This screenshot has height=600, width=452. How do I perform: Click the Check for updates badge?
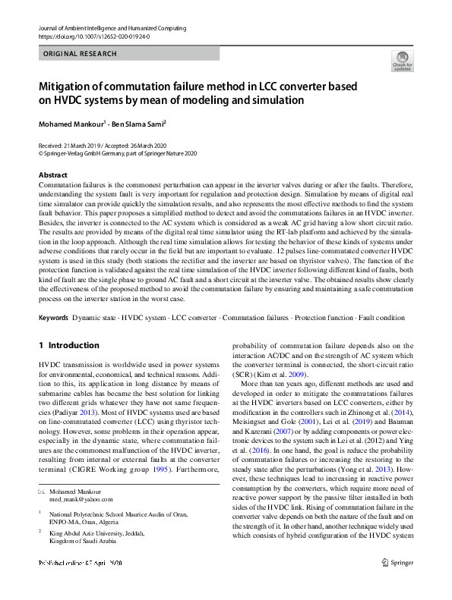coord(402,61)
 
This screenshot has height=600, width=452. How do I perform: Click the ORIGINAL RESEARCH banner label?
coord(81,54)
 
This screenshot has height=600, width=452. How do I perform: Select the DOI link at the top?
coord(93,36)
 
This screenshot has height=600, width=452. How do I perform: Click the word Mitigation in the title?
coord(71,86)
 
